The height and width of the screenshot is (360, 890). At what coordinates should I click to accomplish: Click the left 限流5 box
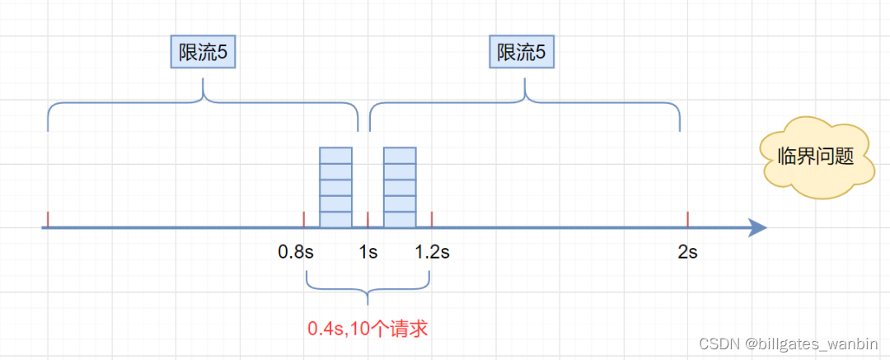click(203, 54)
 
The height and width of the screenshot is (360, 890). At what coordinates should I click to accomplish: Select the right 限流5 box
click(522, 54)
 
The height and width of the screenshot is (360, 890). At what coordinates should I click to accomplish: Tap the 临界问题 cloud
click(816, 157)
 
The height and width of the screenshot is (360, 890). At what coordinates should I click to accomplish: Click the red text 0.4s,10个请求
click(368, 329)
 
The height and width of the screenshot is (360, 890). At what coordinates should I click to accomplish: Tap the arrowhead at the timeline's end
click(757, 227)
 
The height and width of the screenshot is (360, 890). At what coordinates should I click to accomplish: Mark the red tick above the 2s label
click(687, 218)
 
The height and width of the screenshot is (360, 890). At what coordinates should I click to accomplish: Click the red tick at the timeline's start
click(48, 218)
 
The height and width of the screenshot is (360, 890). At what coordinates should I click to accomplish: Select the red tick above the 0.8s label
click(304, 218)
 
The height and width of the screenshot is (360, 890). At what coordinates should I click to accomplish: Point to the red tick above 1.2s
click(432, 218)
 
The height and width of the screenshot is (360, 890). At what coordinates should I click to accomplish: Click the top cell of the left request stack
click(335, 155)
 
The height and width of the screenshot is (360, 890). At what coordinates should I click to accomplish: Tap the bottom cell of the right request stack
click(400, 219)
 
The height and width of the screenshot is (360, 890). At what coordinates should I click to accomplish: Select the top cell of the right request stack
click(400, 155)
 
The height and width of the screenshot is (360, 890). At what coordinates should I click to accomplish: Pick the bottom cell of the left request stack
click(335, 219)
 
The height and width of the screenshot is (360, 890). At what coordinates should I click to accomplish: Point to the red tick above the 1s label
click(368, 218)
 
